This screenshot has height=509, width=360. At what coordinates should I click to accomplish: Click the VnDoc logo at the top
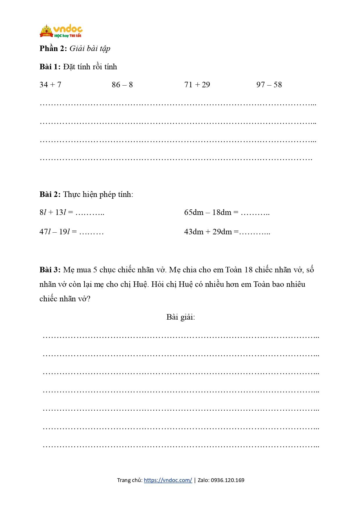(61, 31)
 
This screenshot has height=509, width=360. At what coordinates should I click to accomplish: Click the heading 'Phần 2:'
(53, 48)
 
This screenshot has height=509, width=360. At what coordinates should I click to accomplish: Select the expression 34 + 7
(50, 85)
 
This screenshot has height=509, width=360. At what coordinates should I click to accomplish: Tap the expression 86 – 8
(122, 85)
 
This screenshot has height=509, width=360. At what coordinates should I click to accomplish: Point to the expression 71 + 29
(197, 85)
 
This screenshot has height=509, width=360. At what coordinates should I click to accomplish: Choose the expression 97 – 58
(269, 85)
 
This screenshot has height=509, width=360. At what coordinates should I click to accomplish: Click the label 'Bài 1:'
(50, 67)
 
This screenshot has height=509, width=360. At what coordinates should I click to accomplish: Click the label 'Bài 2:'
(50, 194)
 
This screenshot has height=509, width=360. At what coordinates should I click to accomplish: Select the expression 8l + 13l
(53, 212)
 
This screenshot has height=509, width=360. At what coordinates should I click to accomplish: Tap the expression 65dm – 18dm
(208, 212)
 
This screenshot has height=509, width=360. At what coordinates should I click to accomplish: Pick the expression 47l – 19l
(55, 232)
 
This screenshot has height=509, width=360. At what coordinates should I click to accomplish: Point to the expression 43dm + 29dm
(208, 232)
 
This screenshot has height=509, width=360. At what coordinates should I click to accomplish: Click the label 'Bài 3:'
(50, 270)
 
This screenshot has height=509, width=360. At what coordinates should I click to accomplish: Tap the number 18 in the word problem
(249, 270)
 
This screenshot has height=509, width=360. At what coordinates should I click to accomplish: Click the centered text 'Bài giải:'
(181, 317)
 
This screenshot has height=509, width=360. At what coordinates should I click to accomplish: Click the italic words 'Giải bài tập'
(90, 48)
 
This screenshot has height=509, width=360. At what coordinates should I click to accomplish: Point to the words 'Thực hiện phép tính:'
(98, 194)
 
